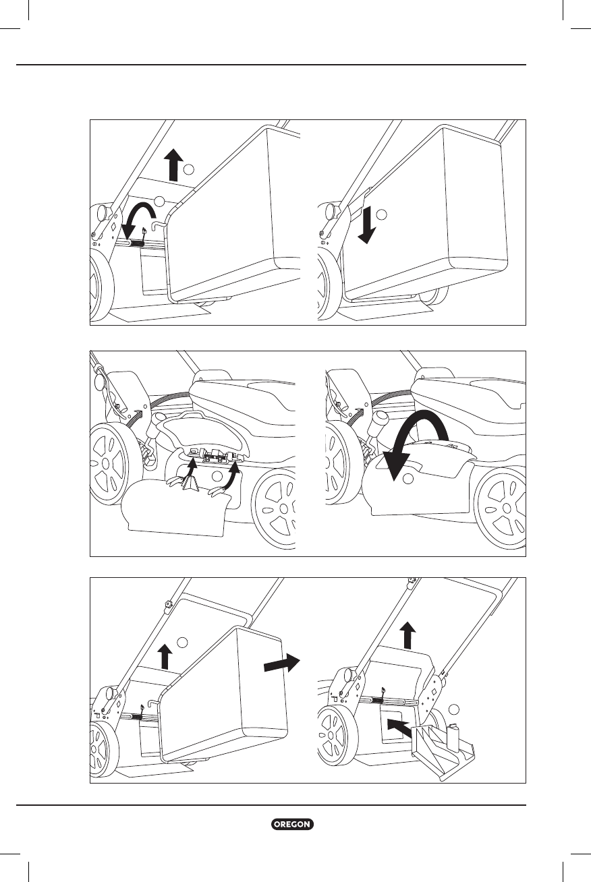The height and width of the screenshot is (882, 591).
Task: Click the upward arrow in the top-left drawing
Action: pyautogui.click(x=173, y=165)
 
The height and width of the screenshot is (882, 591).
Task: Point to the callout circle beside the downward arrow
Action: pyautogui.click(x=382, y=214)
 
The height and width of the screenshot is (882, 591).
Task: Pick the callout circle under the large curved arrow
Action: pyautogui.click(x=407, y=479)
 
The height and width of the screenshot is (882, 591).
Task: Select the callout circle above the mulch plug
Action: pyautogui.click(x=454, y=709)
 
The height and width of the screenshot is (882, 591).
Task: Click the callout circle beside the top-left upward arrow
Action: pyautogui.click(x=190, y=168)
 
